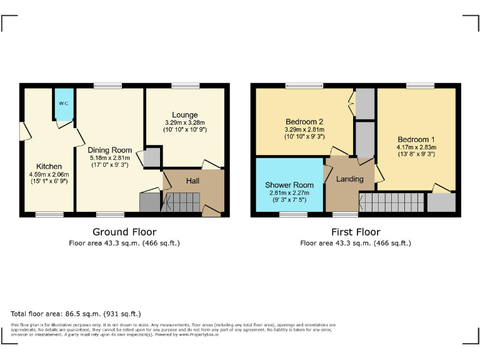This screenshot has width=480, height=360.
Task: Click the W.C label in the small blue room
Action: click(63, 103)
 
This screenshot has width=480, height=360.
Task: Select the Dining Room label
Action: click(109, 150)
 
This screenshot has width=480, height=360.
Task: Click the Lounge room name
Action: click(185, 115)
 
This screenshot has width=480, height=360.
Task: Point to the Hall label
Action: click(194, 181)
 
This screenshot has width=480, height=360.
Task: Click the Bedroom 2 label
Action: click(302, 121)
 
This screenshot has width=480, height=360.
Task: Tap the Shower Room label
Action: click(288, 185)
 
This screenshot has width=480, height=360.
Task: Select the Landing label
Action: click(349, 179)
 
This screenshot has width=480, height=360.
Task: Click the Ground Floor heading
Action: click(124, 232)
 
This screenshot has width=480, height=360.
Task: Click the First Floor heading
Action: click(355, 232)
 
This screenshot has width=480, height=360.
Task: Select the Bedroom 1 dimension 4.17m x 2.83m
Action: click(416, 147)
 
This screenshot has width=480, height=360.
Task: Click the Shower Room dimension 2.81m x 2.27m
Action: click(288, 193)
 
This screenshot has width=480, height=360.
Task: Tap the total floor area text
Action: click(76, 313)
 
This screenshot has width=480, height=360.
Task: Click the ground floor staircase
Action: click(182, 202)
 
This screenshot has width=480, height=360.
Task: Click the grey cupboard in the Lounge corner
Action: click(152, 157)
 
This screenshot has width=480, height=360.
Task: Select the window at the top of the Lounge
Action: click(185, 86)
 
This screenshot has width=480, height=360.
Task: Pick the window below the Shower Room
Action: click(293, 214)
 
